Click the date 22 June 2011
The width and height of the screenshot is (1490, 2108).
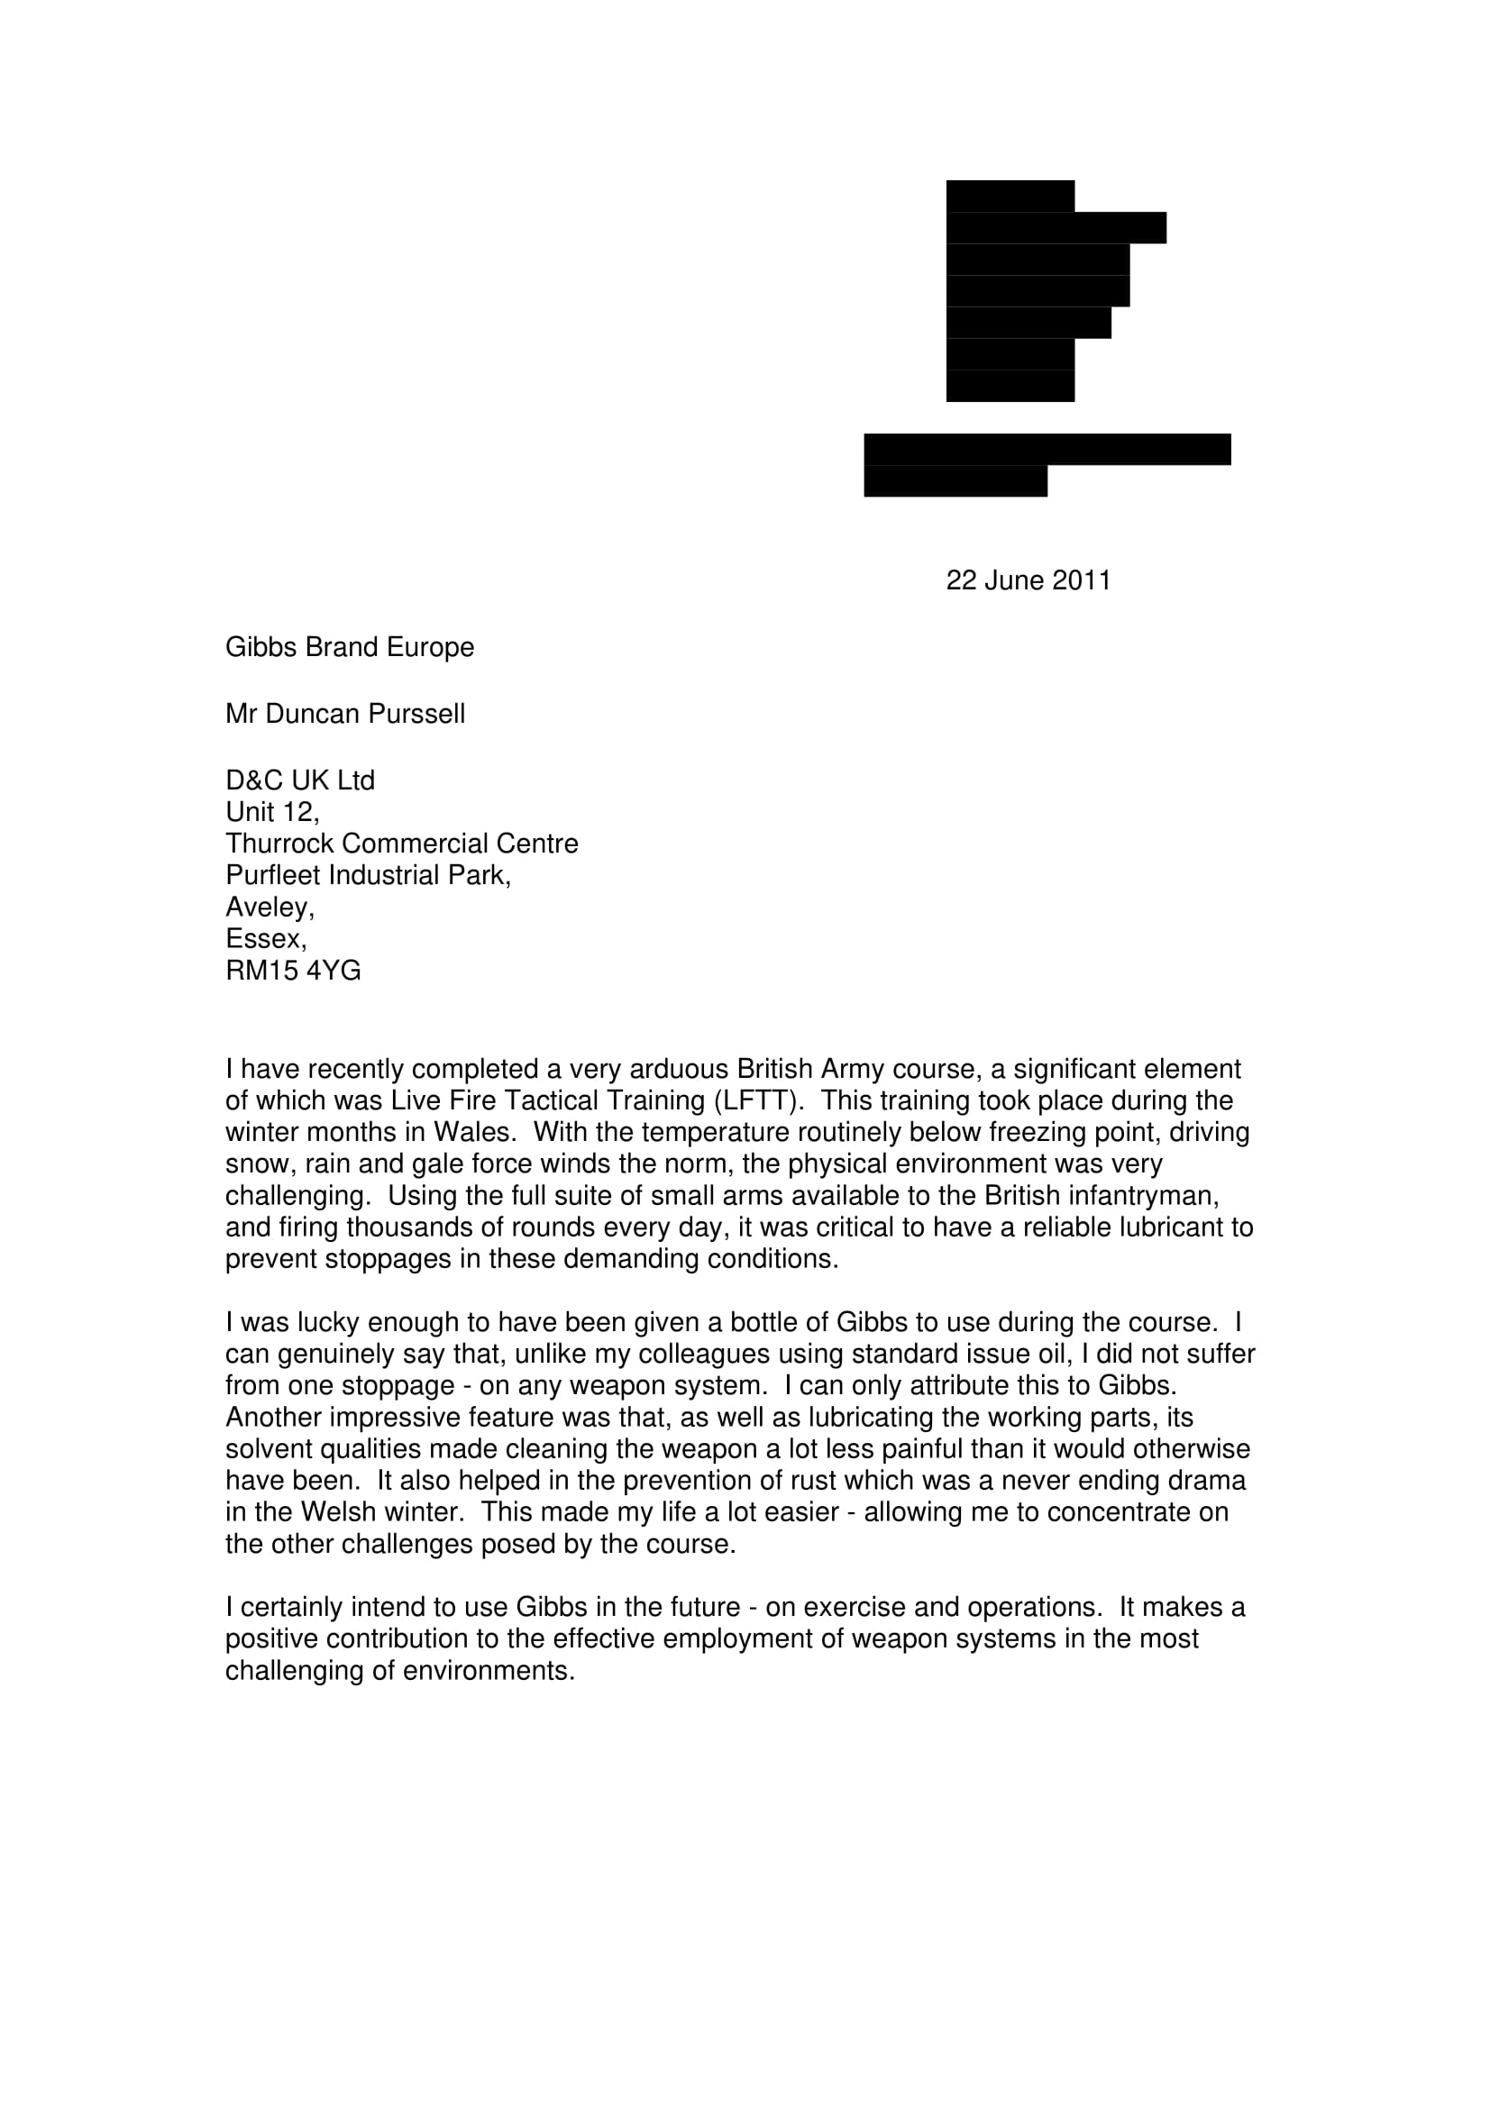(1028, 580)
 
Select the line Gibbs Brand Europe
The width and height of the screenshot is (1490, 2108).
(350, 647)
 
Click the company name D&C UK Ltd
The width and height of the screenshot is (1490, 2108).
(300, 780)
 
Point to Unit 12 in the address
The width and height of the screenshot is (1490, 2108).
(272, 812)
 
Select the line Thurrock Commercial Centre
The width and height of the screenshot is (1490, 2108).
(402, 844)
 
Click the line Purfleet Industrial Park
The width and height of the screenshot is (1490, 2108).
(368, 875)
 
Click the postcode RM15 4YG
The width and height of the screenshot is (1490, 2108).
(294, 971)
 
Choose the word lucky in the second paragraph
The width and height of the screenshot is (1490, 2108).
(327, 1322)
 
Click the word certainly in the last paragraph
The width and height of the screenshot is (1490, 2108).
(288, 1607)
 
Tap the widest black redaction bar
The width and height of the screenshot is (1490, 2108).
(1047, 449)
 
